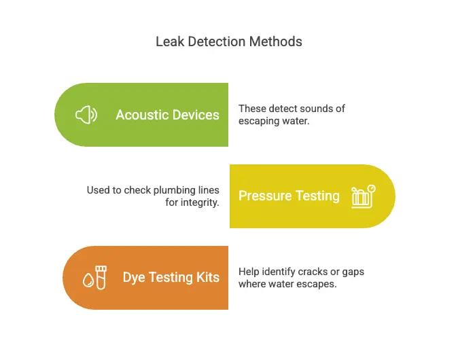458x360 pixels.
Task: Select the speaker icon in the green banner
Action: (86, 115)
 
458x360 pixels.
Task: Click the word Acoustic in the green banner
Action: (141, 115)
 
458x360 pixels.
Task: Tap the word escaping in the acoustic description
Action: (259, 122)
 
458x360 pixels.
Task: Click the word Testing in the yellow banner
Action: (317, 196)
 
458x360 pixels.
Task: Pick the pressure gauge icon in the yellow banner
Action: (363, 196)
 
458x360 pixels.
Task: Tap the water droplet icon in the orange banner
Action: (87, 279)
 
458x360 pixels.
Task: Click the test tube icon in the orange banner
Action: (101, 277)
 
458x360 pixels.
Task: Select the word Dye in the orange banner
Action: (134, 277)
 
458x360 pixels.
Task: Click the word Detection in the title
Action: (214, 42)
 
